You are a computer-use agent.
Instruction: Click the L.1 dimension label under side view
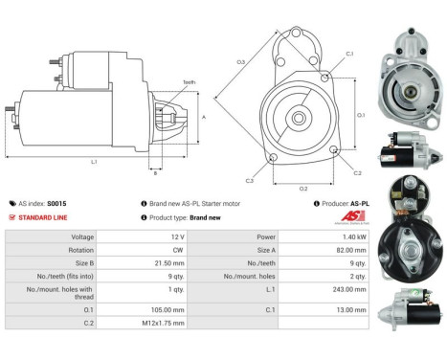94,161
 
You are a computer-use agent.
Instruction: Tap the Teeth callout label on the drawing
189,82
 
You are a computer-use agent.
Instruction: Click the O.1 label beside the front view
361,115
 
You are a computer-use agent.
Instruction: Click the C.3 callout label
249,180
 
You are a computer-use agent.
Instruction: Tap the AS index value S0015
57,203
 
